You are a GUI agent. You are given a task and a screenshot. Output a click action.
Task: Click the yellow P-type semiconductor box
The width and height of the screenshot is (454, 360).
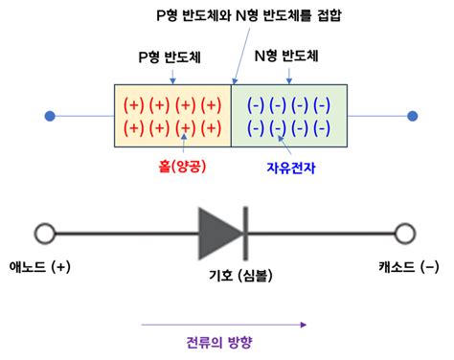(x=172, y=117)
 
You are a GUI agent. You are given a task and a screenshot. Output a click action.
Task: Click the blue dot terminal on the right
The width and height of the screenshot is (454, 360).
(x=412, y=117)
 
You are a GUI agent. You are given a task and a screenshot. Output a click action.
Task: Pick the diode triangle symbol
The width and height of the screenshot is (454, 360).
(x=218, y=233)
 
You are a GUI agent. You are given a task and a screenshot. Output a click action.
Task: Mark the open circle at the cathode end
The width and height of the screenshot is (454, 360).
(x=404, y=233)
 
